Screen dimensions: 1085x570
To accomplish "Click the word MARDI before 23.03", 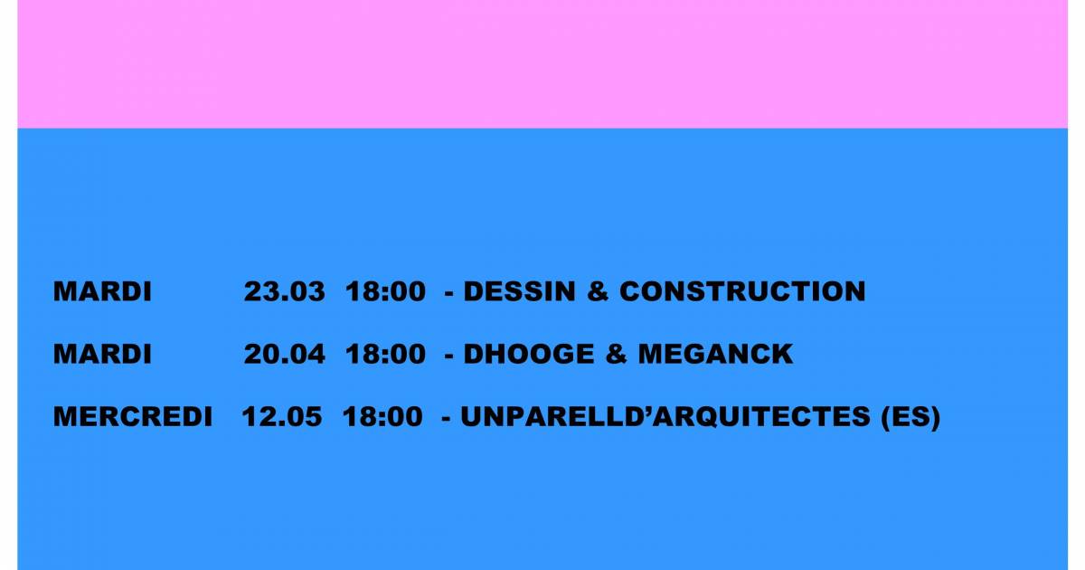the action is tap(102, 291).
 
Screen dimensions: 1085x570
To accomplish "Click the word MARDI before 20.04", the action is tap(102, 354).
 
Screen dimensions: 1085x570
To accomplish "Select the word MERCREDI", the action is tap(133, 417).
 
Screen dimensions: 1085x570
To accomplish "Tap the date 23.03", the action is tap(284, 291).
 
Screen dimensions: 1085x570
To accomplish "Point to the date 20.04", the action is tap(284, 354).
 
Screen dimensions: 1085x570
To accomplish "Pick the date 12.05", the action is tap(282, 417).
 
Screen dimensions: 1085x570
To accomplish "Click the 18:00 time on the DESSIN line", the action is tap(385, 291).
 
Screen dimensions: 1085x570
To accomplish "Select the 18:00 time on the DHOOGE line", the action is tap(385, 354).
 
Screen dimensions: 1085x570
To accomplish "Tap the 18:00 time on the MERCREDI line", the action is tap(382, 417).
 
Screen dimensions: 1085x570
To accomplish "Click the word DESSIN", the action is tap(520, 291).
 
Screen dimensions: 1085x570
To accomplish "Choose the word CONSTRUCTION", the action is tap(742, 291).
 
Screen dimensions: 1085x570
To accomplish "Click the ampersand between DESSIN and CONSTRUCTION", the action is tap(598, 291).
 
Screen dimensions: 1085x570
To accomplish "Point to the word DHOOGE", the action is tap(529, 354).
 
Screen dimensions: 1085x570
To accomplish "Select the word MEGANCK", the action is tap(716, 354).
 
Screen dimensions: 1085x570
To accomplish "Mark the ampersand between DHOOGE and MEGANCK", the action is tap(616, 354).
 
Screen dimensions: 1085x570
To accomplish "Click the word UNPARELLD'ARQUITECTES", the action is tap(665, 417).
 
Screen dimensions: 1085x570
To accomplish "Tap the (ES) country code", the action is tap(910, 417).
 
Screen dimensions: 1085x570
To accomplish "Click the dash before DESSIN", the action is tap(449, 293).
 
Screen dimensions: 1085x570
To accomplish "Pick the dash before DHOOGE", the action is tap(449, 356).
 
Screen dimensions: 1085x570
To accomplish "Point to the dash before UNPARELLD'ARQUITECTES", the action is tap(446, 419).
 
